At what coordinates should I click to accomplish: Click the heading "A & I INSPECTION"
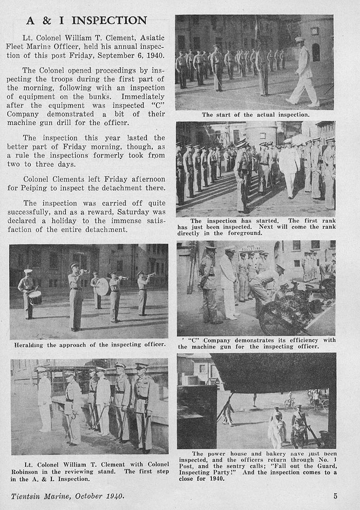coord(86,21)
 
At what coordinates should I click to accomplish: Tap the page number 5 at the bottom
coord(335,496)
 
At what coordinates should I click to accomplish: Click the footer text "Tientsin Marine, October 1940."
coord(68,496)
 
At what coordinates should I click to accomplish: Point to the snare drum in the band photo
coord(35,298)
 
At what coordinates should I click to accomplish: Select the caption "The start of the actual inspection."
coord(255,115)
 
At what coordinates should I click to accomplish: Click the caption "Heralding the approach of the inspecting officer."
coord(90,344)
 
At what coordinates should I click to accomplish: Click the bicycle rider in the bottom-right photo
coord(290,400)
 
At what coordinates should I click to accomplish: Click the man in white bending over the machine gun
coord(263,286)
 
